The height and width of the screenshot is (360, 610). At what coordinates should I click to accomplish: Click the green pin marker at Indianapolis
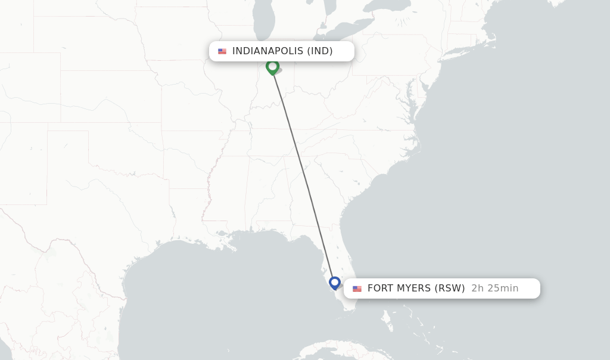272,66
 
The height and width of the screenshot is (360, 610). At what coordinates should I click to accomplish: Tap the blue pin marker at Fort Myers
335,282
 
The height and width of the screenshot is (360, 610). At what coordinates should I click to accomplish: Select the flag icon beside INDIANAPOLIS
222,51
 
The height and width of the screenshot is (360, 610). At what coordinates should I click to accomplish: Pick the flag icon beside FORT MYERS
357,288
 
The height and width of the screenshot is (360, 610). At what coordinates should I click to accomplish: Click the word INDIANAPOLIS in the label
267,51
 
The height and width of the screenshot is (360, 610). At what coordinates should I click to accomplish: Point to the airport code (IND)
320,51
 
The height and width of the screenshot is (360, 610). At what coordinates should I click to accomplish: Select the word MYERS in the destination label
414,288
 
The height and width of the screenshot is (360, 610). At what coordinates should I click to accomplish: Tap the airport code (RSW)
450,288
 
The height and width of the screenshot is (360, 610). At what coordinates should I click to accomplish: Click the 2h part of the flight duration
477,288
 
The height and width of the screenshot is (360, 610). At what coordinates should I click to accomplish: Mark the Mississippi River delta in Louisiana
223,234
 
